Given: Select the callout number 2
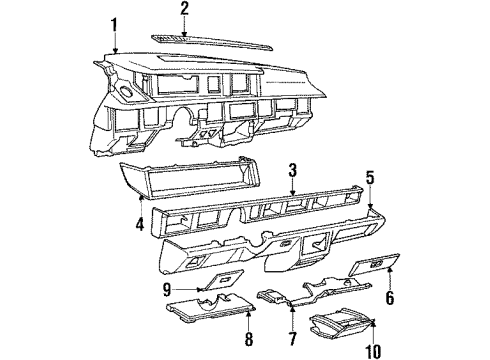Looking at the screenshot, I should [x=184, y=9].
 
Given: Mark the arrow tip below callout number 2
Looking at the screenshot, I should [x=184, y=33].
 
